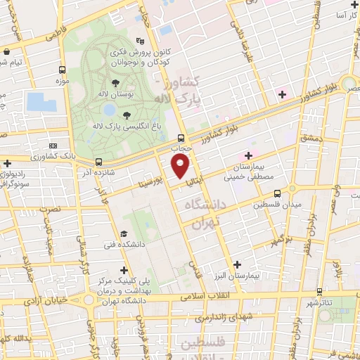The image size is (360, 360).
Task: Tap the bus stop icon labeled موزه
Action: tap(63, 70)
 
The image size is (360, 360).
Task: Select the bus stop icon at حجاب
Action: tap(181, 138)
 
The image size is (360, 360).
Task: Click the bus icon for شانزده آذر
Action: tap(98, 162)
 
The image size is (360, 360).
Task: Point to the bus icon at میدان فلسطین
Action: tap(277, 193)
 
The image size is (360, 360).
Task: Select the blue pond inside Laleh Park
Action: tap(109, 110)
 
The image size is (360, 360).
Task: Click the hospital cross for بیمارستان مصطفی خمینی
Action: tap(247, 155)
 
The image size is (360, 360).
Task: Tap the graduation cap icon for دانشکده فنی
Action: tap(124, 234)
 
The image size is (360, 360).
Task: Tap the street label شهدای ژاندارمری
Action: tap(219, 319)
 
